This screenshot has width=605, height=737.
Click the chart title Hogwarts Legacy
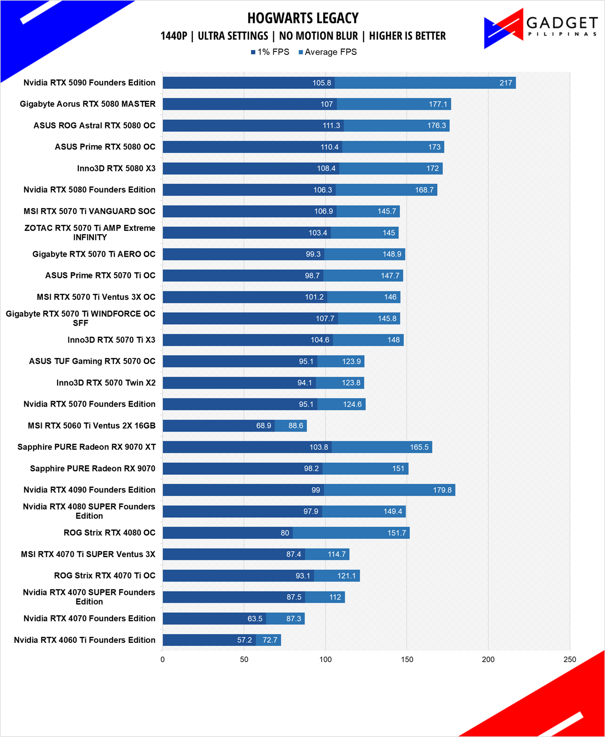303,18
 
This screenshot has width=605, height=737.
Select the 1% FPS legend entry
270,52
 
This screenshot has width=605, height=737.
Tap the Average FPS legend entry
327,52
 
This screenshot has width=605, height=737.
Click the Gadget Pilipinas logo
541,29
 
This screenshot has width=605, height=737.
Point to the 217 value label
506,83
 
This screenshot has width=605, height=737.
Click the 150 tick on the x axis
407,659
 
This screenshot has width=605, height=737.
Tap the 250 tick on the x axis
570,659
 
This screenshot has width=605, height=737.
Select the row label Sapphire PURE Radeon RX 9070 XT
86,447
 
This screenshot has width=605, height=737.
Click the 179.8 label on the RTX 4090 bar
442,490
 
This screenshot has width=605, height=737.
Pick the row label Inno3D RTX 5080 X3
116,169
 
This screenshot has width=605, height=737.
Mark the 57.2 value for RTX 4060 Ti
245,640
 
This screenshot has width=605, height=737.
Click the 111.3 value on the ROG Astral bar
332,126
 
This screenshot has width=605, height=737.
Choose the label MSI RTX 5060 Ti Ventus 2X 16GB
91,425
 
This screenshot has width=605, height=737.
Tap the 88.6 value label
295,425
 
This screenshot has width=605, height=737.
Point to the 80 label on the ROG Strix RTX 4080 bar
285,533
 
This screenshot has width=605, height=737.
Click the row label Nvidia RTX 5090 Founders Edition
89,82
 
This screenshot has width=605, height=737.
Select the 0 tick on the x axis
162,659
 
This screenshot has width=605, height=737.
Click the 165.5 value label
419,447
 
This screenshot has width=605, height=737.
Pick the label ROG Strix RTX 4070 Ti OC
105,575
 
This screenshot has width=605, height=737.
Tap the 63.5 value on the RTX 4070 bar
255,618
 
